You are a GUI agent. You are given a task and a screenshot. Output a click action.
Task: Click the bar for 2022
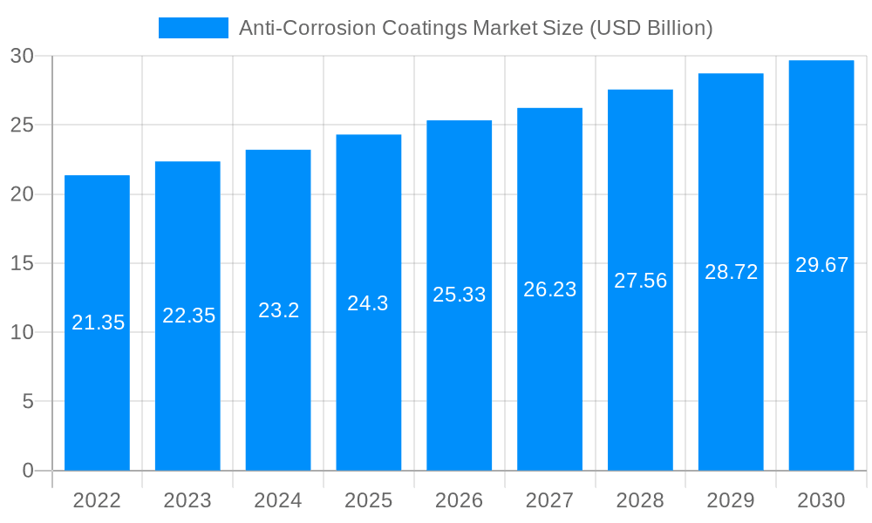pos(97,392)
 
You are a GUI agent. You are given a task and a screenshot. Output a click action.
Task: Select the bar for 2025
pos(368,384)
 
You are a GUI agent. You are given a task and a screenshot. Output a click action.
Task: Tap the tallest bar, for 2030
pos(821,366)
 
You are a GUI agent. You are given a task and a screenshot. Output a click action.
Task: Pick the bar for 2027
pos(549,375)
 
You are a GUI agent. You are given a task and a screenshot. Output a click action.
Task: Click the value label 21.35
pos(99,323)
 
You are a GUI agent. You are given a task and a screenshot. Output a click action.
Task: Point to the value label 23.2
pos(279,310)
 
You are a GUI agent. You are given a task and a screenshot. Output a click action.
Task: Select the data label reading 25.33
pos(460,295)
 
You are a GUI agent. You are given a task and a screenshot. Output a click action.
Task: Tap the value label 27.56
pos(640,281)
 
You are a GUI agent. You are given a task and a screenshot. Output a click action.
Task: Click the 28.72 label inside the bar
pos(731,272)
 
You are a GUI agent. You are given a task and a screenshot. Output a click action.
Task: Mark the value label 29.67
pos(821,266)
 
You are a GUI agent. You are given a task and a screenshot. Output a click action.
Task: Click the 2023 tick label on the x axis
pos(187,500)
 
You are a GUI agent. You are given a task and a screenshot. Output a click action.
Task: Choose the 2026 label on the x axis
pos(460,500)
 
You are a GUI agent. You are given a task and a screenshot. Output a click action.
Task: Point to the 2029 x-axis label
pos(731,500)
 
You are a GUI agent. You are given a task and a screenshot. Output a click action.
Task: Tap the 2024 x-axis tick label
pos(278,500)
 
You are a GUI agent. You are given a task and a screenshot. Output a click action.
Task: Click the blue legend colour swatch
pos(193,28)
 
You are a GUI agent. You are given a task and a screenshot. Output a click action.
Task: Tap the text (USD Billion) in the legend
pos(651,28)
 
